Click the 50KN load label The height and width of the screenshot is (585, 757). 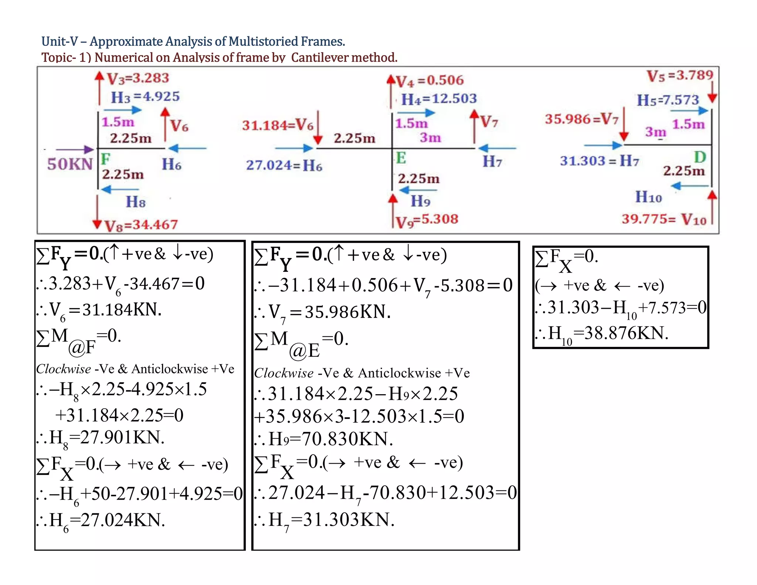point(70,164)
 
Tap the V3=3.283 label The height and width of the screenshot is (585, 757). point(138,78)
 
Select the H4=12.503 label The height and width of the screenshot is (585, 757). point(439,99)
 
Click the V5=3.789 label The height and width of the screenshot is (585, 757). point(680,76)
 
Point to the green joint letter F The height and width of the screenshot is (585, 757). point(105,159)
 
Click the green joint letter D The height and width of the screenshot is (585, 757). point(700,157)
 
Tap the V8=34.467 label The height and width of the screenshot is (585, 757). point(141,225)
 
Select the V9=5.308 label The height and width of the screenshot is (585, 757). point(427,220)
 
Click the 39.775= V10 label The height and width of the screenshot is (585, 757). point(664,219)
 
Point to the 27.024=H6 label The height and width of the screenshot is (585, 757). point(284,165)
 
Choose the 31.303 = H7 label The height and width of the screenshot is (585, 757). point(599,161)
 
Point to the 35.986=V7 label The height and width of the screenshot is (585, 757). point(581,119)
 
